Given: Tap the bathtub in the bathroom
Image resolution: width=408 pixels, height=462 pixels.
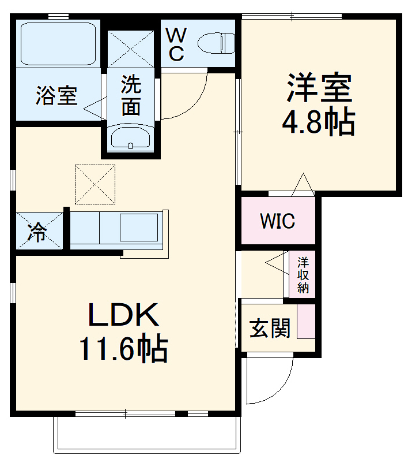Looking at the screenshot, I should pyautogui.click(x=57, y=44).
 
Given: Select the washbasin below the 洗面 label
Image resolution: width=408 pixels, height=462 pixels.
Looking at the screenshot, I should pyautogui.click(x=130, y=139).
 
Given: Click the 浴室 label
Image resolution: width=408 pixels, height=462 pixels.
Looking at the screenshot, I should pyautogui.click(x=56, y=96).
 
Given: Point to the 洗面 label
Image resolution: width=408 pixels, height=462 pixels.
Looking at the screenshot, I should pyautogui.click(x=131, y=96).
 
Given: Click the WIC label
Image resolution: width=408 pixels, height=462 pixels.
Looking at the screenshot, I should pyautogui.click(x=277, y=221).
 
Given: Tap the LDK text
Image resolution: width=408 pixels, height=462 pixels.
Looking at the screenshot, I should pyautogui.click(x=123, y=316).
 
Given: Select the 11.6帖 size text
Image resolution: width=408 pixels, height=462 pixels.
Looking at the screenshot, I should pyautogui.click(x=123, y=348).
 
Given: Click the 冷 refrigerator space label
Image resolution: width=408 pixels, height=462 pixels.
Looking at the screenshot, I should pyautogui.click(x=38, y=232).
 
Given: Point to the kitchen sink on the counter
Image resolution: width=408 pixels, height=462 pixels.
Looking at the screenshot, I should pyautogui.click(x=139, y=228).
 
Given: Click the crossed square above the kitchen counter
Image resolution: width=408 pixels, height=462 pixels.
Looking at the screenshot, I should pyautogui.click(x=95, y=184).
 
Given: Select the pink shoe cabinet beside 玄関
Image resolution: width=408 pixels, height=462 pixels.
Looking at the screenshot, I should pyautogui.click(x=306, y=321).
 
